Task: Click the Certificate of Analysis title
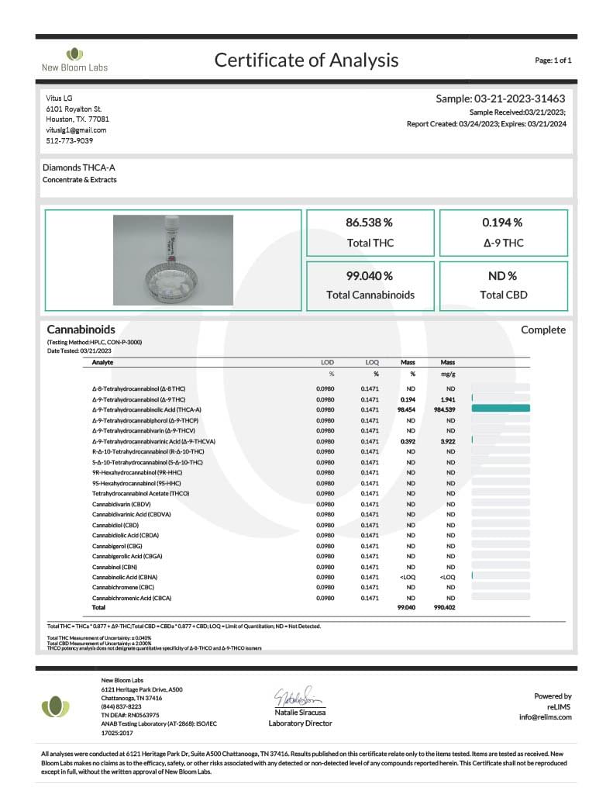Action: point(306,60)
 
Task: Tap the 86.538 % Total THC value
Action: point(369,223)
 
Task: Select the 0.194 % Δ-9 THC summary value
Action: point(502,223)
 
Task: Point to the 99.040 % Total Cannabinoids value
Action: point(369,275)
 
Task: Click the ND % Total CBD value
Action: point(502,275)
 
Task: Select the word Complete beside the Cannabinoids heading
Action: point(542,330)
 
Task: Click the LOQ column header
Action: point(370,362)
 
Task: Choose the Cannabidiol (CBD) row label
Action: point(115,525)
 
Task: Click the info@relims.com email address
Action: point(545,717)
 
